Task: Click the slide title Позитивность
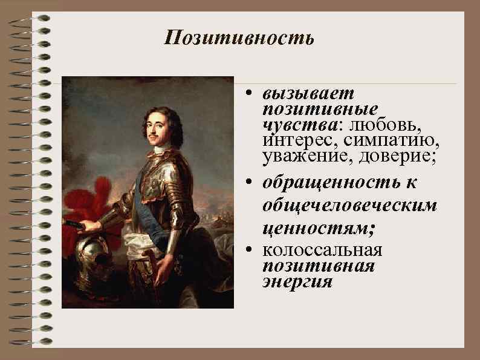coord(239,39)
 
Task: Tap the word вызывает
coord(309,94)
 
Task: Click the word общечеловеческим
coord(349,206)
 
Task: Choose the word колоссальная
coord(323,250)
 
